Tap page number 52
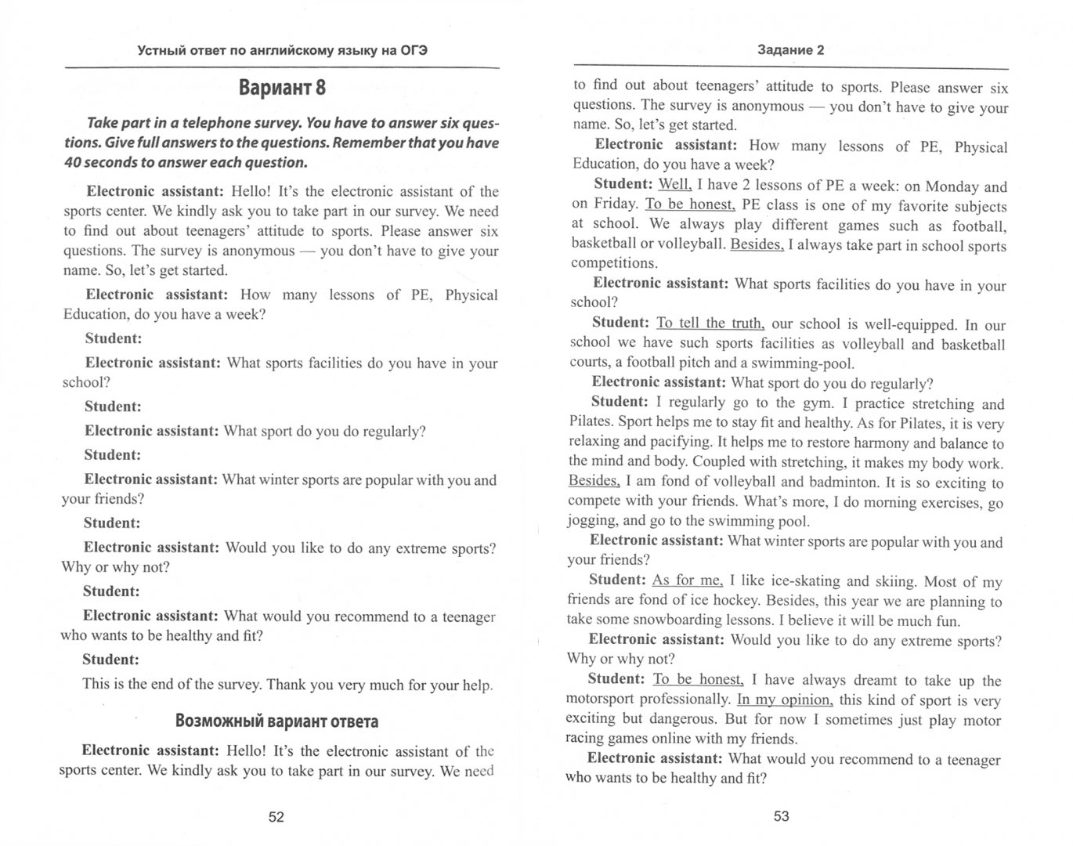(276, 817)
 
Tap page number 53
(781, 816)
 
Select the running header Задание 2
(791, 50)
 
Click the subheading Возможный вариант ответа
(277, 721)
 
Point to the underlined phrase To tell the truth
(710, 323)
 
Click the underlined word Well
(674, 185)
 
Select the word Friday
(614, 204)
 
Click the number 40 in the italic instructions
(73, 163)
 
